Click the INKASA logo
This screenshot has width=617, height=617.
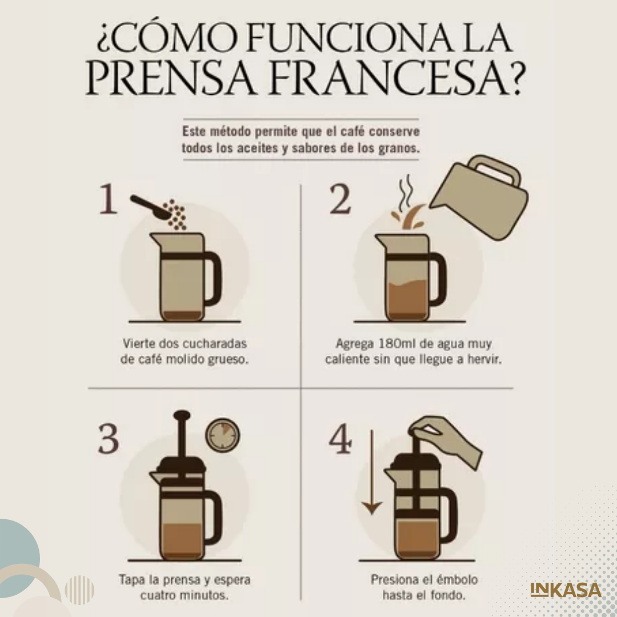click(x=566, y=590)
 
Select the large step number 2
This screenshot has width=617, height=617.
click(x=340, y=199)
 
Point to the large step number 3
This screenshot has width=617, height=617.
click(x=108, y=438)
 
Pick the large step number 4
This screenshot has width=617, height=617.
click(x=340, y=438)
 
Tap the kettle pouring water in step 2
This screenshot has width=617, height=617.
click(x=480, y=197)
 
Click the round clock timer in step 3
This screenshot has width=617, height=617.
click(x=223, y=435)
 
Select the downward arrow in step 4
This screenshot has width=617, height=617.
click(x=372, y=472)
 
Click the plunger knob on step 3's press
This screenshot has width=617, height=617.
click(x=182, y=415)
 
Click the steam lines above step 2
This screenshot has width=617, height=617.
click(x=406, y=193)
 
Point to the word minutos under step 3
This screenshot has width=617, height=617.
click(x=205, y=595)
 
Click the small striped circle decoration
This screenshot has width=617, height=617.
click(x=79, y=590)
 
